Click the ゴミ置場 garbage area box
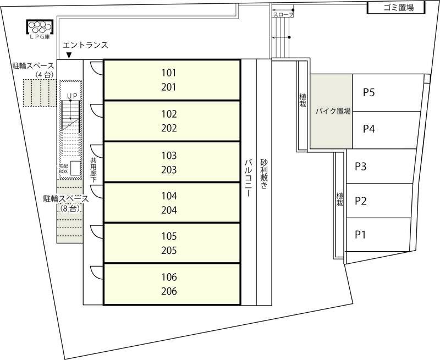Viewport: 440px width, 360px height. tap(396, 8)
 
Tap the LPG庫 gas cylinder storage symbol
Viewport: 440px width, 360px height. tap(40, 27)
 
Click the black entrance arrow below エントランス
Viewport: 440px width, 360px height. tap(69, 56)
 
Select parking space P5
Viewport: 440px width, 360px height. tap(388, 93)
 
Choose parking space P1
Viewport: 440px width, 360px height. tap(378, 235)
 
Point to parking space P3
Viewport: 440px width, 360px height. tap(381, 167)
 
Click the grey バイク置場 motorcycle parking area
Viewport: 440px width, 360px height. tap(331, 111)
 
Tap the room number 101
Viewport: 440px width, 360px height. tap(169, 73)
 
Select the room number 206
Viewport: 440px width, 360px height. tap(169, 291)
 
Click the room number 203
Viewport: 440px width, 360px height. tap(169, 170)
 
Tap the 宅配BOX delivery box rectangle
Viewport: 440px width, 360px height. tap(75, 168)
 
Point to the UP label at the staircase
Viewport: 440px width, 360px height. tap(72, 96)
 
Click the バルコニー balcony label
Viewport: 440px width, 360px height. tap(249, 178)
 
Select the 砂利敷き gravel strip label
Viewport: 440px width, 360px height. tap(264, 174)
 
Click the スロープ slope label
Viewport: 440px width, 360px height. tap(283, 15)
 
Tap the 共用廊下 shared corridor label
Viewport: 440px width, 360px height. tap(93, 170)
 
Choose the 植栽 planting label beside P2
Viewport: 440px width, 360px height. tap(339, 199)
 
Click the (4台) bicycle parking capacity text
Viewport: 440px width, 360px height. tap(45, 75)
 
